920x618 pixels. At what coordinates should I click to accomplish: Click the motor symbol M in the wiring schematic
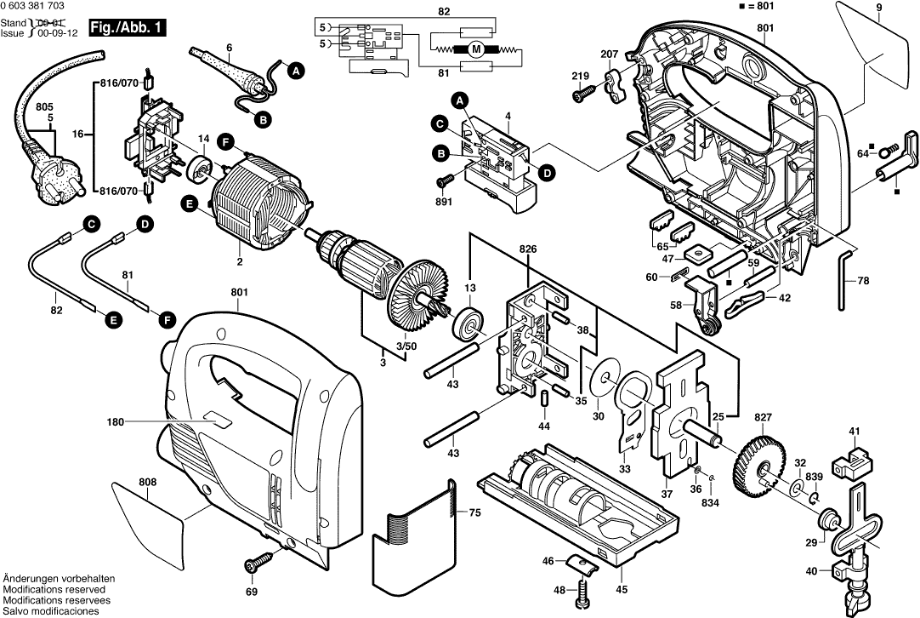[x=476, y=49]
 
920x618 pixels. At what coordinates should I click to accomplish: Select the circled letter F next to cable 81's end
[x=167, y=319]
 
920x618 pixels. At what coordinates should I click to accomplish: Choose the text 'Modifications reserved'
[x=54, y=589]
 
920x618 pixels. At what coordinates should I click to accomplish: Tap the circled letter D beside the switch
[x=547, y=174]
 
